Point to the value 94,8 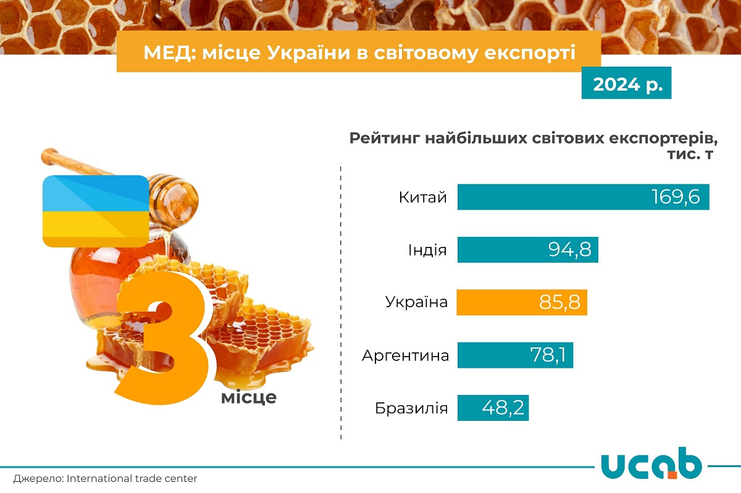pyautogui.click(x=569, y=249)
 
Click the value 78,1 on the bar pyautogui.click(x=551, y=355)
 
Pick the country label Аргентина pyautogui.click(x=405, y=355)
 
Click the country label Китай pyautogui.click(x=422, y=197)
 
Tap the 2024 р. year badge pyautogui.click(x=626, y=85)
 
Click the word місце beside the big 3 pyautogui.click(x=248, y=397)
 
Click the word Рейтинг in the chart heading pyautogui.click(x=383, y=138)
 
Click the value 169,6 pyautogui.click(x=676, y=197)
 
